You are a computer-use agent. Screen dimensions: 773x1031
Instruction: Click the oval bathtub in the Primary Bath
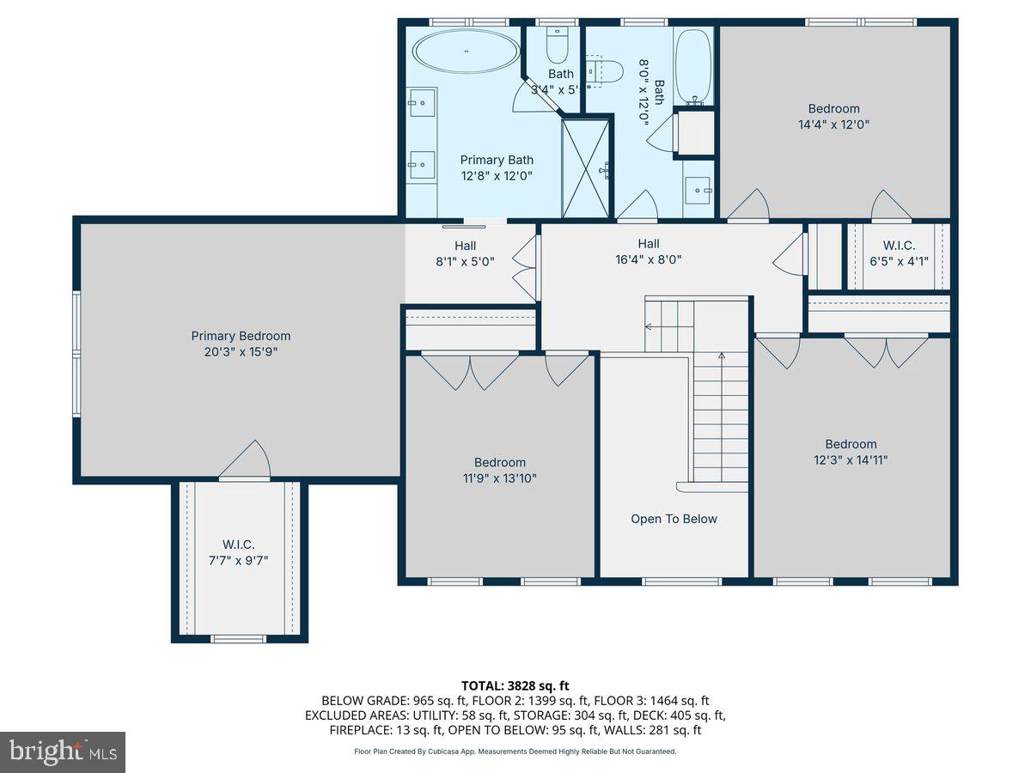467,52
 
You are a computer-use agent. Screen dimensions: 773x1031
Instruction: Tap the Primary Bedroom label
241,336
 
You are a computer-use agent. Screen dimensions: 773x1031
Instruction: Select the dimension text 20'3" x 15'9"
241,351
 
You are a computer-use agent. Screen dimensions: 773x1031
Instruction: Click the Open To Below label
674,519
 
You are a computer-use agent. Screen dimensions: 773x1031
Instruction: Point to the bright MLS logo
63,752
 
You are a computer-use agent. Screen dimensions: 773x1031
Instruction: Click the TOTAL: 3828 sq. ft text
515,685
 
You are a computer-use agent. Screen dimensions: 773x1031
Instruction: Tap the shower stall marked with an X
585,168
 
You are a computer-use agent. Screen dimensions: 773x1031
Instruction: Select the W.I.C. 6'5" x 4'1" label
899,253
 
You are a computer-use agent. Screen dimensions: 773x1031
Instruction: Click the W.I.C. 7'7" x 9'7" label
239,552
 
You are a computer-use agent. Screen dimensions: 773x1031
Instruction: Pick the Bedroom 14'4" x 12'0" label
833,116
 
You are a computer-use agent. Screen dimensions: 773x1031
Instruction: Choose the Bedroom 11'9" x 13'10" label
500,470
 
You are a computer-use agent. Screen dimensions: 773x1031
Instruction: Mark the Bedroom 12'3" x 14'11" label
851,452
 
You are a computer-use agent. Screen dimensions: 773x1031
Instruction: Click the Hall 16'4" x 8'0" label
660,251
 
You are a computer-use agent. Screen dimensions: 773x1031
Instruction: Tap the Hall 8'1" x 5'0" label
465,253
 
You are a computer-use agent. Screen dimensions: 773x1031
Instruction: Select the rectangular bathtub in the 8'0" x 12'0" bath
693,66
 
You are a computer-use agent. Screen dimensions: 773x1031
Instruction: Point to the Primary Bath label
497,167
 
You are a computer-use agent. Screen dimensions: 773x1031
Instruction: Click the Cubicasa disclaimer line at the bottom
515,751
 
